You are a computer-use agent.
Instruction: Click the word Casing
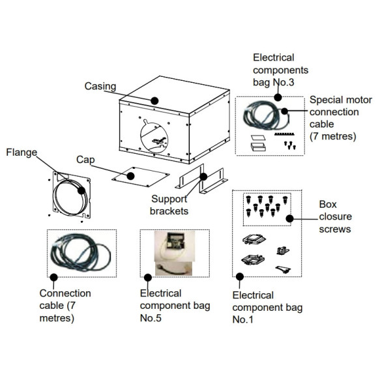100,87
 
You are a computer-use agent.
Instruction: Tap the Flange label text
22,153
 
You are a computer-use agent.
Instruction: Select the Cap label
85,160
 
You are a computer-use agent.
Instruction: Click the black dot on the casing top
154,100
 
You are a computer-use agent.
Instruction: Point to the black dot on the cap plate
130,176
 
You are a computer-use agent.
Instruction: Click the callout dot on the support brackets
203,177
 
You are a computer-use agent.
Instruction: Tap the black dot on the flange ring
81,190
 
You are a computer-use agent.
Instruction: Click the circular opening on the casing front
154,137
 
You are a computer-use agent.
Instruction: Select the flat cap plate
141,177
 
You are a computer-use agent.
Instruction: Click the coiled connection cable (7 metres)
80,253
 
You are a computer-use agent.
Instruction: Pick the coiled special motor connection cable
265,115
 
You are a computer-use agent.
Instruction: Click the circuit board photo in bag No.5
175,246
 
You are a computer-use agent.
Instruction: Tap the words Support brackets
169,205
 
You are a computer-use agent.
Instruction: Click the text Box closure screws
335,217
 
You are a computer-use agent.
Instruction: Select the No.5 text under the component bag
151,318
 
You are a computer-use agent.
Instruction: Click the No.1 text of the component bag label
242,319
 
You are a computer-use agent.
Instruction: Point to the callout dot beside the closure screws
289,218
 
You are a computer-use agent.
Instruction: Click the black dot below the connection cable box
53,277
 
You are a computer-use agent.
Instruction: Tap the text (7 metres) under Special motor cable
332,136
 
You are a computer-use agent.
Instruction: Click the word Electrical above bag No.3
274,57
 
